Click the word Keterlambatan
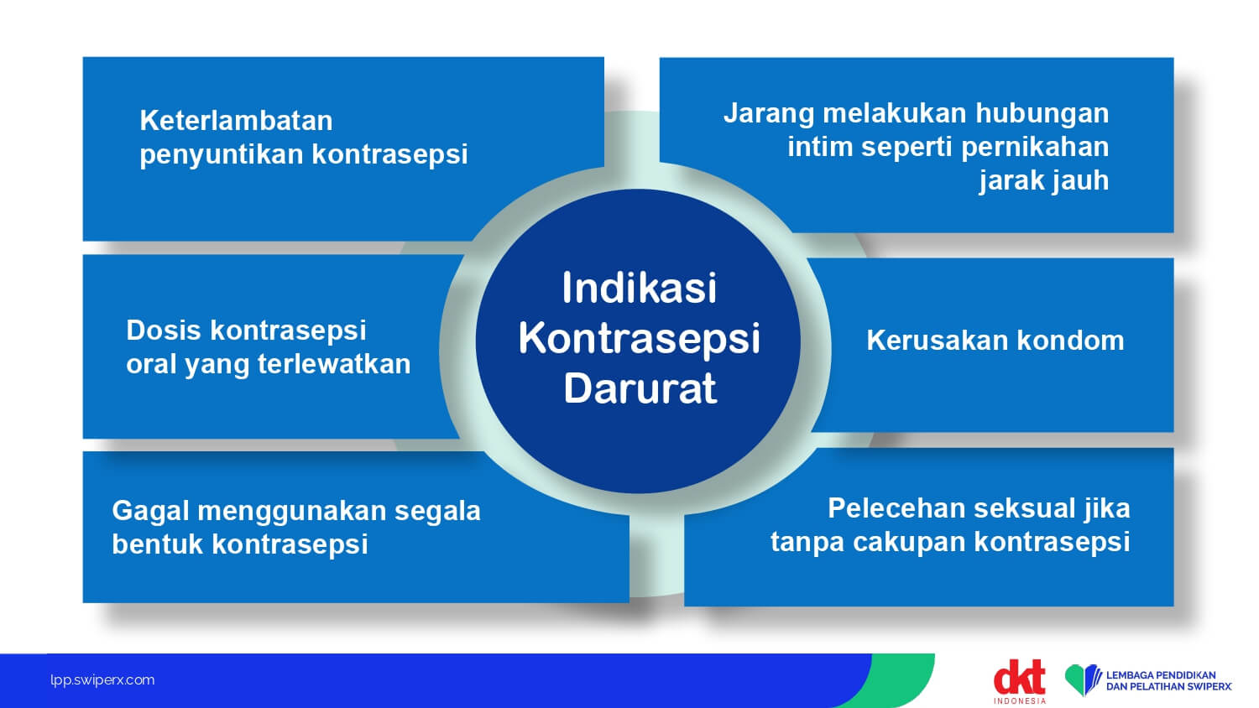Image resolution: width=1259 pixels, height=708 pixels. click(x=236, y=121)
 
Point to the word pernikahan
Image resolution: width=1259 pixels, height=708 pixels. click(x=1035, y=147)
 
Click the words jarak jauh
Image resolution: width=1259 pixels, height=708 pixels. click(x=1044, y=181)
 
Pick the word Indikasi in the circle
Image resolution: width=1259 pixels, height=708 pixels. click(x=639, y=289)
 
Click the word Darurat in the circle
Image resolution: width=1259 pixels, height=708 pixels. click(x=640, y=388)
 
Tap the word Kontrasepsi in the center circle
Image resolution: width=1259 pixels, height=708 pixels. click(x=639, y=339)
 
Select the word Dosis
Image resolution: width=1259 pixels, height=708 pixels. click(x=164, y=331)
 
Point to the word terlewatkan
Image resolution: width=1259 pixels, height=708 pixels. click(x=334, y=364)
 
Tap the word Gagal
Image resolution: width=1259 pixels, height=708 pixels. click(x=150, y=512)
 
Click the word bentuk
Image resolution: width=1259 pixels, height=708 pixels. click(x=157, y=544)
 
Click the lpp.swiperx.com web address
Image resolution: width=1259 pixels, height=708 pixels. click(x=102, y=680)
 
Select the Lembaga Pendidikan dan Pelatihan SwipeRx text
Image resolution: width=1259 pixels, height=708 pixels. click(x=1168, y=681)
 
